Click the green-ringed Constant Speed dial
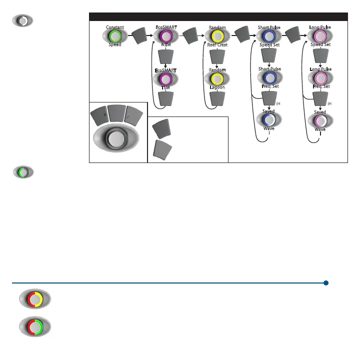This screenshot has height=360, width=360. coord(115,36)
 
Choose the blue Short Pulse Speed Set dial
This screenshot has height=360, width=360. coord(269,36)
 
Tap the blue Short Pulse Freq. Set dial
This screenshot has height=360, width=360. coord(269,77)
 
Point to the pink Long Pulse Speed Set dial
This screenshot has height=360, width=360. coord(320,36)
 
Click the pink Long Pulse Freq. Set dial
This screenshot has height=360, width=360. coord(320,77)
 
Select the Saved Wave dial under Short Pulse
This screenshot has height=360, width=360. coord(269,120)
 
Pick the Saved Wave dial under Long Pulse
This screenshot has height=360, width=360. coord(320,120)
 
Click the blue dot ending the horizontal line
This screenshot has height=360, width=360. coord(325,283)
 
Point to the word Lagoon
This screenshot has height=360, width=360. coord(217,87)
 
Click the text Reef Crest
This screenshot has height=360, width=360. coord(217,45)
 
